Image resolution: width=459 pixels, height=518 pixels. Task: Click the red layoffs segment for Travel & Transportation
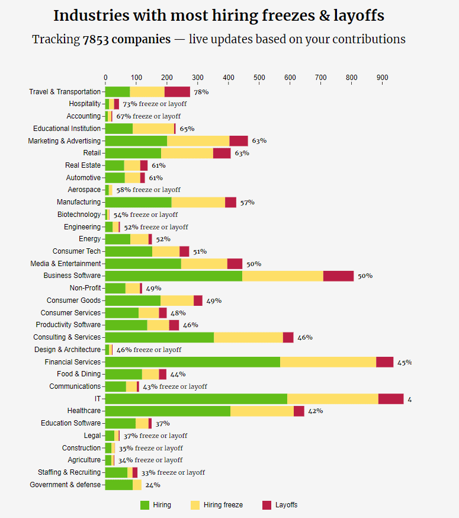(177, 92)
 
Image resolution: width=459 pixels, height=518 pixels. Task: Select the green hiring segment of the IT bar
(196, 399)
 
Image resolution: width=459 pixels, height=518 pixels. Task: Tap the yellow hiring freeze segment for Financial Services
(328, 362)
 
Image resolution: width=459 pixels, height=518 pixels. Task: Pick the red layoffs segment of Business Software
(338, 276)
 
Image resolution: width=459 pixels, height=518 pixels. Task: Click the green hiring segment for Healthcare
(168, 411)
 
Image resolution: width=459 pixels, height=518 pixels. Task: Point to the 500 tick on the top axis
(259, 78)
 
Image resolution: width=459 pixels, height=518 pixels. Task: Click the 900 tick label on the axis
(383, 78)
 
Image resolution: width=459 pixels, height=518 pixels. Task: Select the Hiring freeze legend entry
(217, 505)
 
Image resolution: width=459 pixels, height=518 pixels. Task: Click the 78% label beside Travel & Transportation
(201, 92)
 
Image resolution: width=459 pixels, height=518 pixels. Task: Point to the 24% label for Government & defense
(153, 485)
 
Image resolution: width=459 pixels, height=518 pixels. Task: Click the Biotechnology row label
(79, 215)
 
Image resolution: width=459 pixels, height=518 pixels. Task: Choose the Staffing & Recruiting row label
(69, 472)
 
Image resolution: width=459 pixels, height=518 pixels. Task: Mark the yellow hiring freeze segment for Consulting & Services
(248, 337)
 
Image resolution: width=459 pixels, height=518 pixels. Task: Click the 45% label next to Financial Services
(405, 362)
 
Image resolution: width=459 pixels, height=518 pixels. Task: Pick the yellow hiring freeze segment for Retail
(187, 153)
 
